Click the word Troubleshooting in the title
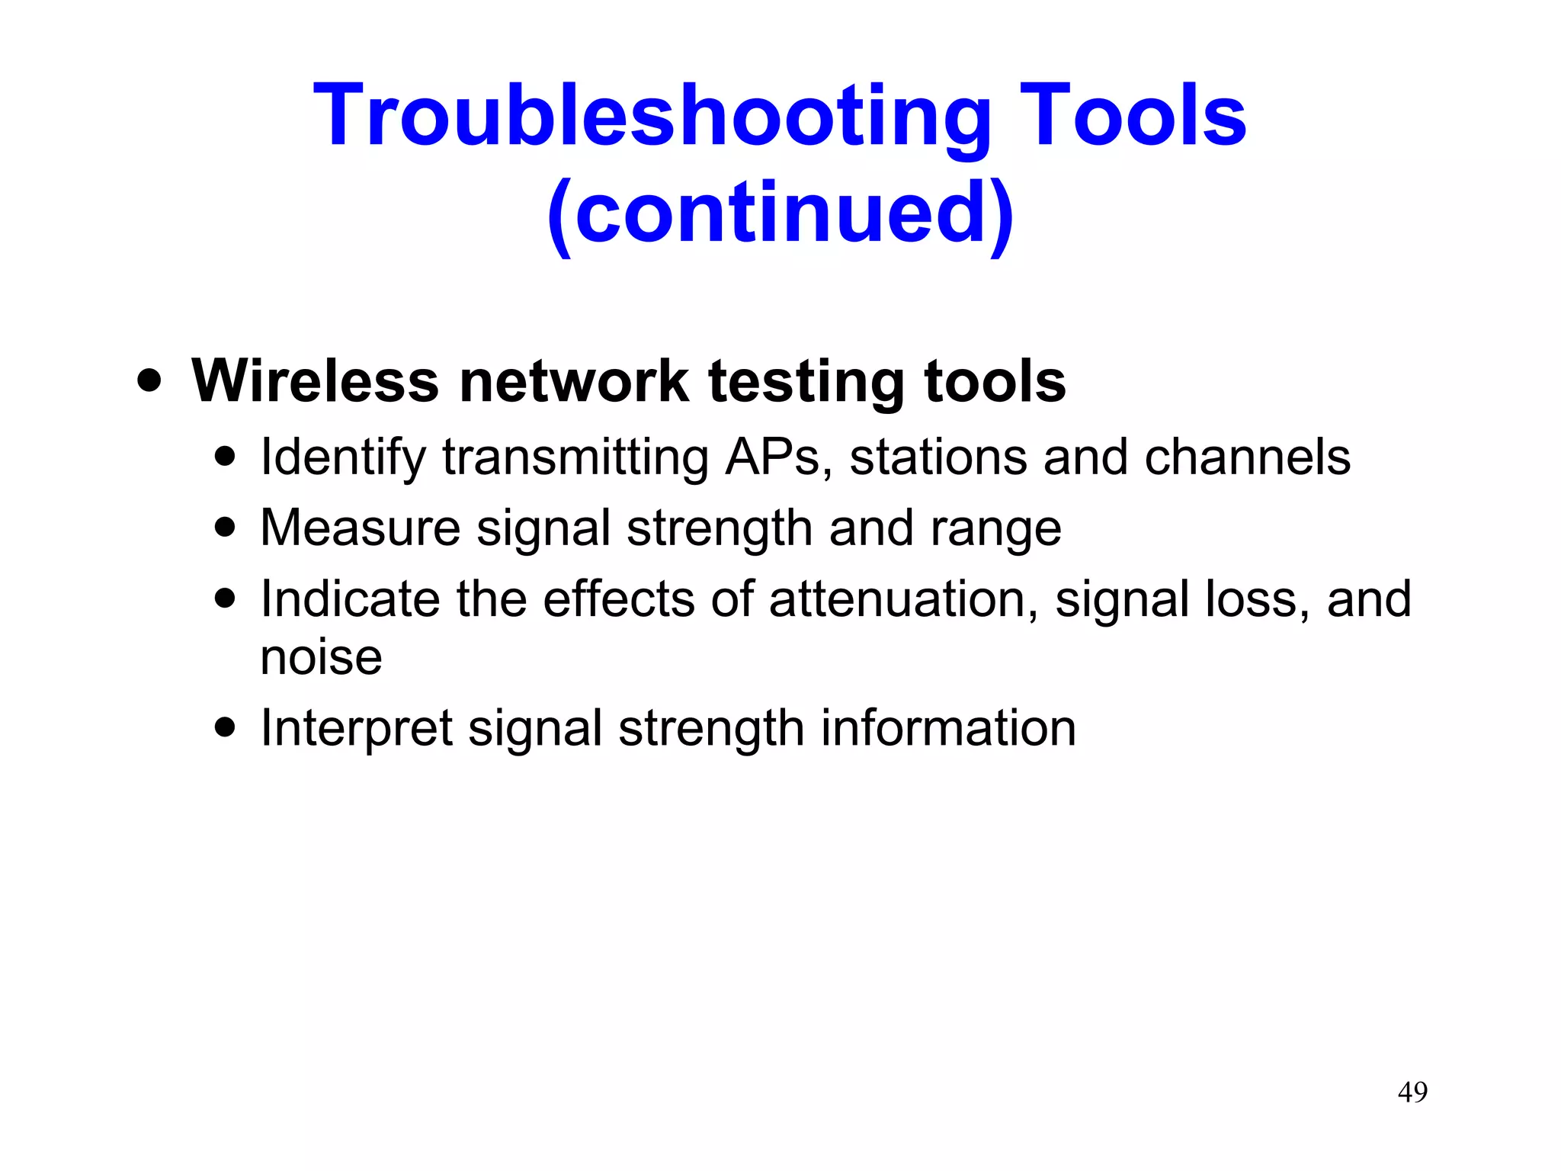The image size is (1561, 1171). pyautogui.click(x=652, y=116)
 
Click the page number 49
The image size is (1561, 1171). pyautogui.click(x=1412, y=1092)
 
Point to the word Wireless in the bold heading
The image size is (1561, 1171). pyautogui.click(x=316, y=380)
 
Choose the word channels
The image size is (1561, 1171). pyautogui.click(x=1247, y=457)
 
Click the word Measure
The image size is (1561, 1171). pyautogui.click(x=360, y=528)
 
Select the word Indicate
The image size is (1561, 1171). pyautogui.click(x=350, y=598)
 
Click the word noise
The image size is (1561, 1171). pyautogui.click(x=321, y=657)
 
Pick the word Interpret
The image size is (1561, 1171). pyautogui.click(x=356, y=729)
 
